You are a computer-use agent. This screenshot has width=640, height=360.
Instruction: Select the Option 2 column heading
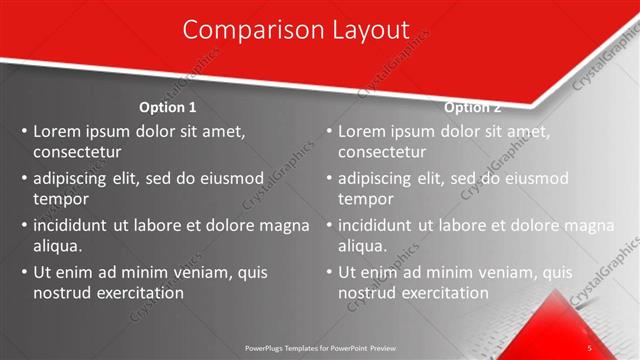tap(472, 107)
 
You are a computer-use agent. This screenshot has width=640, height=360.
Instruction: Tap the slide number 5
tap(590, 347)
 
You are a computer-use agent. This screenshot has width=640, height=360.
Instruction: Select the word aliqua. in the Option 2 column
tap(363, 246)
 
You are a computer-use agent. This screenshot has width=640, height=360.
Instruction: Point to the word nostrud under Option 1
tap(62, 293)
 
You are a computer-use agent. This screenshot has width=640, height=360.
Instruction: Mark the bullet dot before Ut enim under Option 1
tap(24, 272)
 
